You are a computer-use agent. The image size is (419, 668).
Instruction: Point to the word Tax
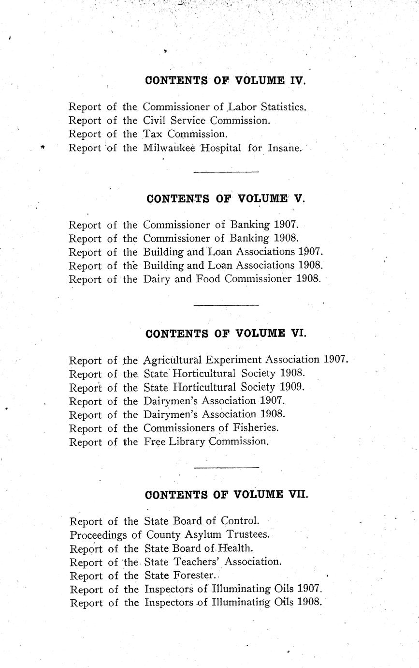click(x=154, y=134)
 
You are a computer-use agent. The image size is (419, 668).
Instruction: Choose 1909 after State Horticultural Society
click(x=292, y=387)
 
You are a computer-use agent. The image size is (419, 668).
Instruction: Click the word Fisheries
click(x=255, y=428)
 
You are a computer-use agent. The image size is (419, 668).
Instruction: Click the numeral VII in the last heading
click(x=297, y=495)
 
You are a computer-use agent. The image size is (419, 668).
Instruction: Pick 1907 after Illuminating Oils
click(x=310, y=589)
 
